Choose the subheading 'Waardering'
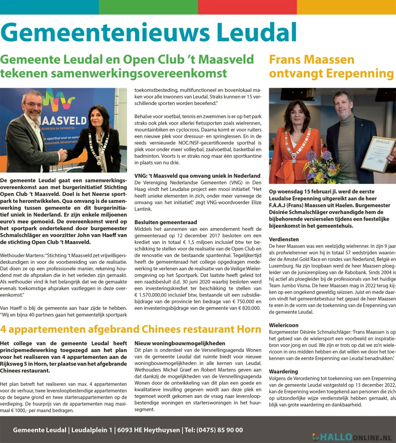284,371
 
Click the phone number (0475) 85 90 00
221,430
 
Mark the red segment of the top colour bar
247,7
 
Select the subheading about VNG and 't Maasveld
197,176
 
